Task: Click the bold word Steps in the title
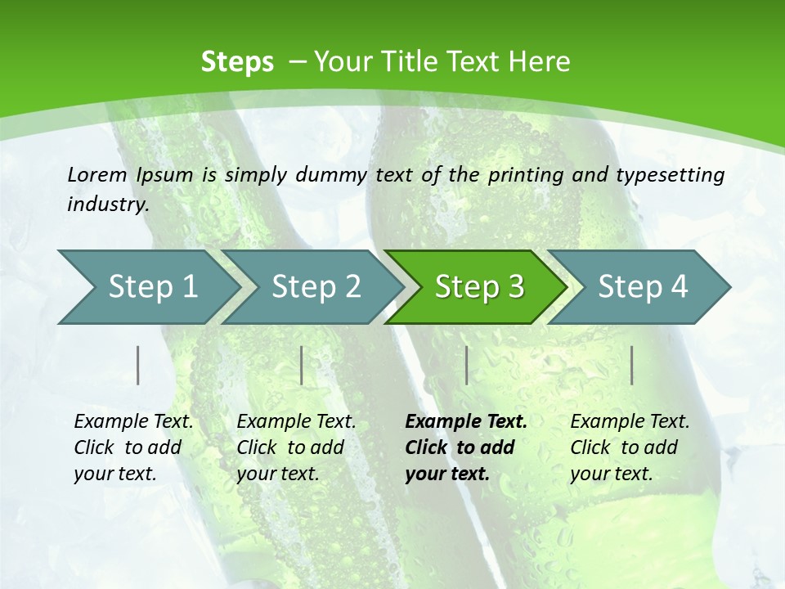click(237, 62)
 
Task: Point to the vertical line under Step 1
click(138, 365)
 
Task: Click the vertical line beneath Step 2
click(302, 365)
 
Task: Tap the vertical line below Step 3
click(466, 365)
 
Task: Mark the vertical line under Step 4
click(631, 365)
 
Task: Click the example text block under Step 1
click(133, 447)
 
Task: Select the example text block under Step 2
click(296, 447)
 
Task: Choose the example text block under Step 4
click(630, 447)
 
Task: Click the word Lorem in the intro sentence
click(97, 175)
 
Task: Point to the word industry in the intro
click(108, 205)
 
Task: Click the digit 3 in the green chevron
click(516, 287)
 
